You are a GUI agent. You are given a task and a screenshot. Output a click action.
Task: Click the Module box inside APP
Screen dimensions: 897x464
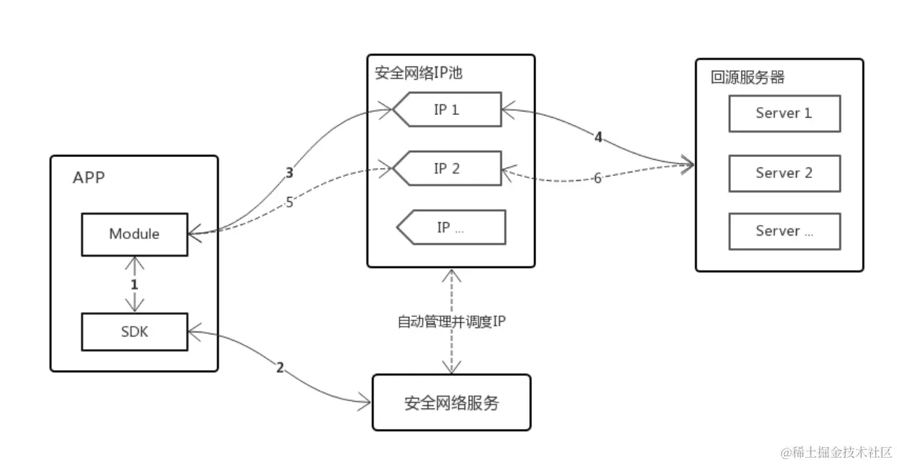pyautogui.click(x=135, y=234)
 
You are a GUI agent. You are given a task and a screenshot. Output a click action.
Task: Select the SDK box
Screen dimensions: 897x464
pyautogui.click(x=135, y=332)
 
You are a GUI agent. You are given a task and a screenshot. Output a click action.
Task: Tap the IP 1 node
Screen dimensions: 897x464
pyautogui.click(x=447, y=109)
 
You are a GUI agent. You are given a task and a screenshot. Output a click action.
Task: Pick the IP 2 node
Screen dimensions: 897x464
pyautogui.click(x=447, y=168)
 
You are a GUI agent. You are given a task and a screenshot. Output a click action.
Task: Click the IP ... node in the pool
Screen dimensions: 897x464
pyautogui.click(x=451, y=227)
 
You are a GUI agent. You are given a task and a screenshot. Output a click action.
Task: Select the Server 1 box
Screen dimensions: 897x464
pyautogui.click(x=784, y=114)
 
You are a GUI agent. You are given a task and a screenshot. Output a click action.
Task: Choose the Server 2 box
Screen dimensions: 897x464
pyautogui.click(x=784, y=173)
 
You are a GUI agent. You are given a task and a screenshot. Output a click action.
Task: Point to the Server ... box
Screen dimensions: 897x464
pyautogui.click(x=784, y=231)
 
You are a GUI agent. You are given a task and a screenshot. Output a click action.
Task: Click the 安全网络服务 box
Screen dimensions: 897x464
pyautogui.click(x=451, y=403)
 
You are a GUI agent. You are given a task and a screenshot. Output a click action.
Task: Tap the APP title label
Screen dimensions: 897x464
pyautogui.click(x=89, y=177)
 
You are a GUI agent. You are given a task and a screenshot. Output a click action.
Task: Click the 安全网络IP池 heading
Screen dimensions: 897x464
pyautogui.click(x=418, y=73)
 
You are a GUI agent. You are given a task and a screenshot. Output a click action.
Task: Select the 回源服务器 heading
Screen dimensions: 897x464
pyautogui.click(x=748, y=77)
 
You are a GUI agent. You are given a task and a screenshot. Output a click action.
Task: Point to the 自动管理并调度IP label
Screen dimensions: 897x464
pyautogui.click(x=451, y=321)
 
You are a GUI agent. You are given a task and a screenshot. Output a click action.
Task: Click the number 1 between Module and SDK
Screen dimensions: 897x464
pyautogui.click(x=134, y=285)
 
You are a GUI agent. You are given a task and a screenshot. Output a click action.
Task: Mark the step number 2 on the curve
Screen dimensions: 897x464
pyautogui.click(x=280, y=367)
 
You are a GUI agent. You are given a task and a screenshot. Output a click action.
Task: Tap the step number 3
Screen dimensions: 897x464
pyautogui.click(x=289, y=172)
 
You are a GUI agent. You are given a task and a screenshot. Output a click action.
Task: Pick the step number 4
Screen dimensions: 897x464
pyautogui.click(x=598, y=137)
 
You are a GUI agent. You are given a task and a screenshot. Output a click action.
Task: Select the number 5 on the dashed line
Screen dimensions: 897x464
pyautogui.click(x=289, y=203)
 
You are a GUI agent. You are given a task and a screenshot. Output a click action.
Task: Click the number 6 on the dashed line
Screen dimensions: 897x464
pyautogui.click(x=598, y=178)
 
